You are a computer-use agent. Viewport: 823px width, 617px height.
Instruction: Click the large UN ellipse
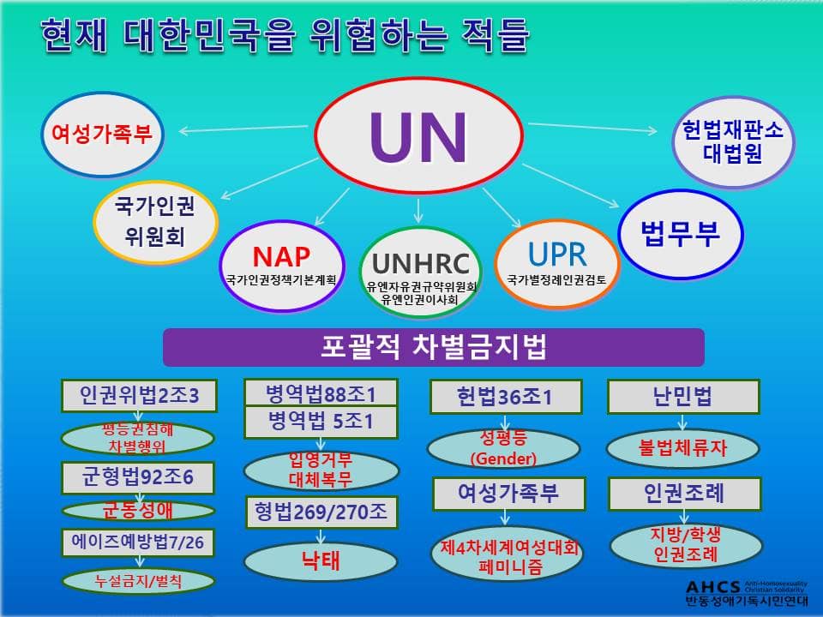coord(418,135)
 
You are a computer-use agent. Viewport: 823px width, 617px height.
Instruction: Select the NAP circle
coord(282,266)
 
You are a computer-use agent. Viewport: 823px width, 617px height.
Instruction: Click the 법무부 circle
coord(681,234)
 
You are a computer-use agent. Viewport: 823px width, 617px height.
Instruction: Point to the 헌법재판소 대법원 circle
coord(733,142)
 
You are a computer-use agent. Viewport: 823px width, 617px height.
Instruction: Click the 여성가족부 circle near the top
coord(102,134)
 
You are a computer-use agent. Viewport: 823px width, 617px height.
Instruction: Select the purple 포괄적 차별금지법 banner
coord(434,347)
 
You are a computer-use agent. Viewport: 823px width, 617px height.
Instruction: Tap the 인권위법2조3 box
coord(139,396)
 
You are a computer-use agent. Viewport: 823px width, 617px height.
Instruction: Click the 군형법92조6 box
coord(138,477)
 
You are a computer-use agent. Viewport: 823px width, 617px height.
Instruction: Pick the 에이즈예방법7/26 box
coord(138,542)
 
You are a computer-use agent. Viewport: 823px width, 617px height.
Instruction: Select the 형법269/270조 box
coord(321,512)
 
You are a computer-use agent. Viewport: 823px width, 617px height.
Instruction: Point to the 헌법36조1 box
coord(506,397)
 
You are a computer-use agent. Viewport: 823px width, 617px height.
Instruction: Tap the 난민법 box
coord(683,397)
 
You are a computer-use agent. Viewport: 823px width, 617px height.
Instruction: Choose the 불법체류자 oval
coord(683,448)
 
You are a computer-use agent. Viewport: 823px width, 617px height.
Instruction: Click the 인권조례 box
coord(684,494)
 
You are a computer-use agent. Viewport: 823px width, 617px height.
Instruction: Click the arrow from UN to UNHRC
coord(418,211)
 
